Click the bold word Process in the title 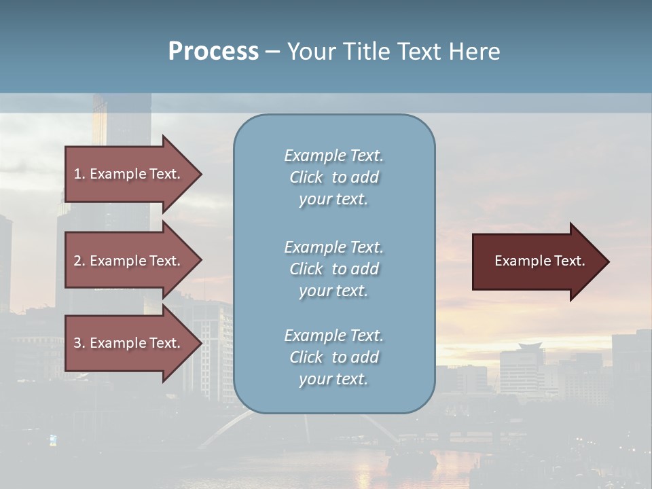213,52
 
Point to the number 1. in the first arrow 79,174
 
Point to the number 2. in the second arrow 79,261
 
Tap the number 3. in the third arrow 79,343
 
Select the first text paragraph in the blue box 333,177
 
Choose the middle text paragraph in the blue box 333,269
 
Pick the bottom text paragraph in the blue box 333,357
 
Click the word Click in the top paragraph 306,177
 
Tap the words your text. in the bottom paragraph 333,379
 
